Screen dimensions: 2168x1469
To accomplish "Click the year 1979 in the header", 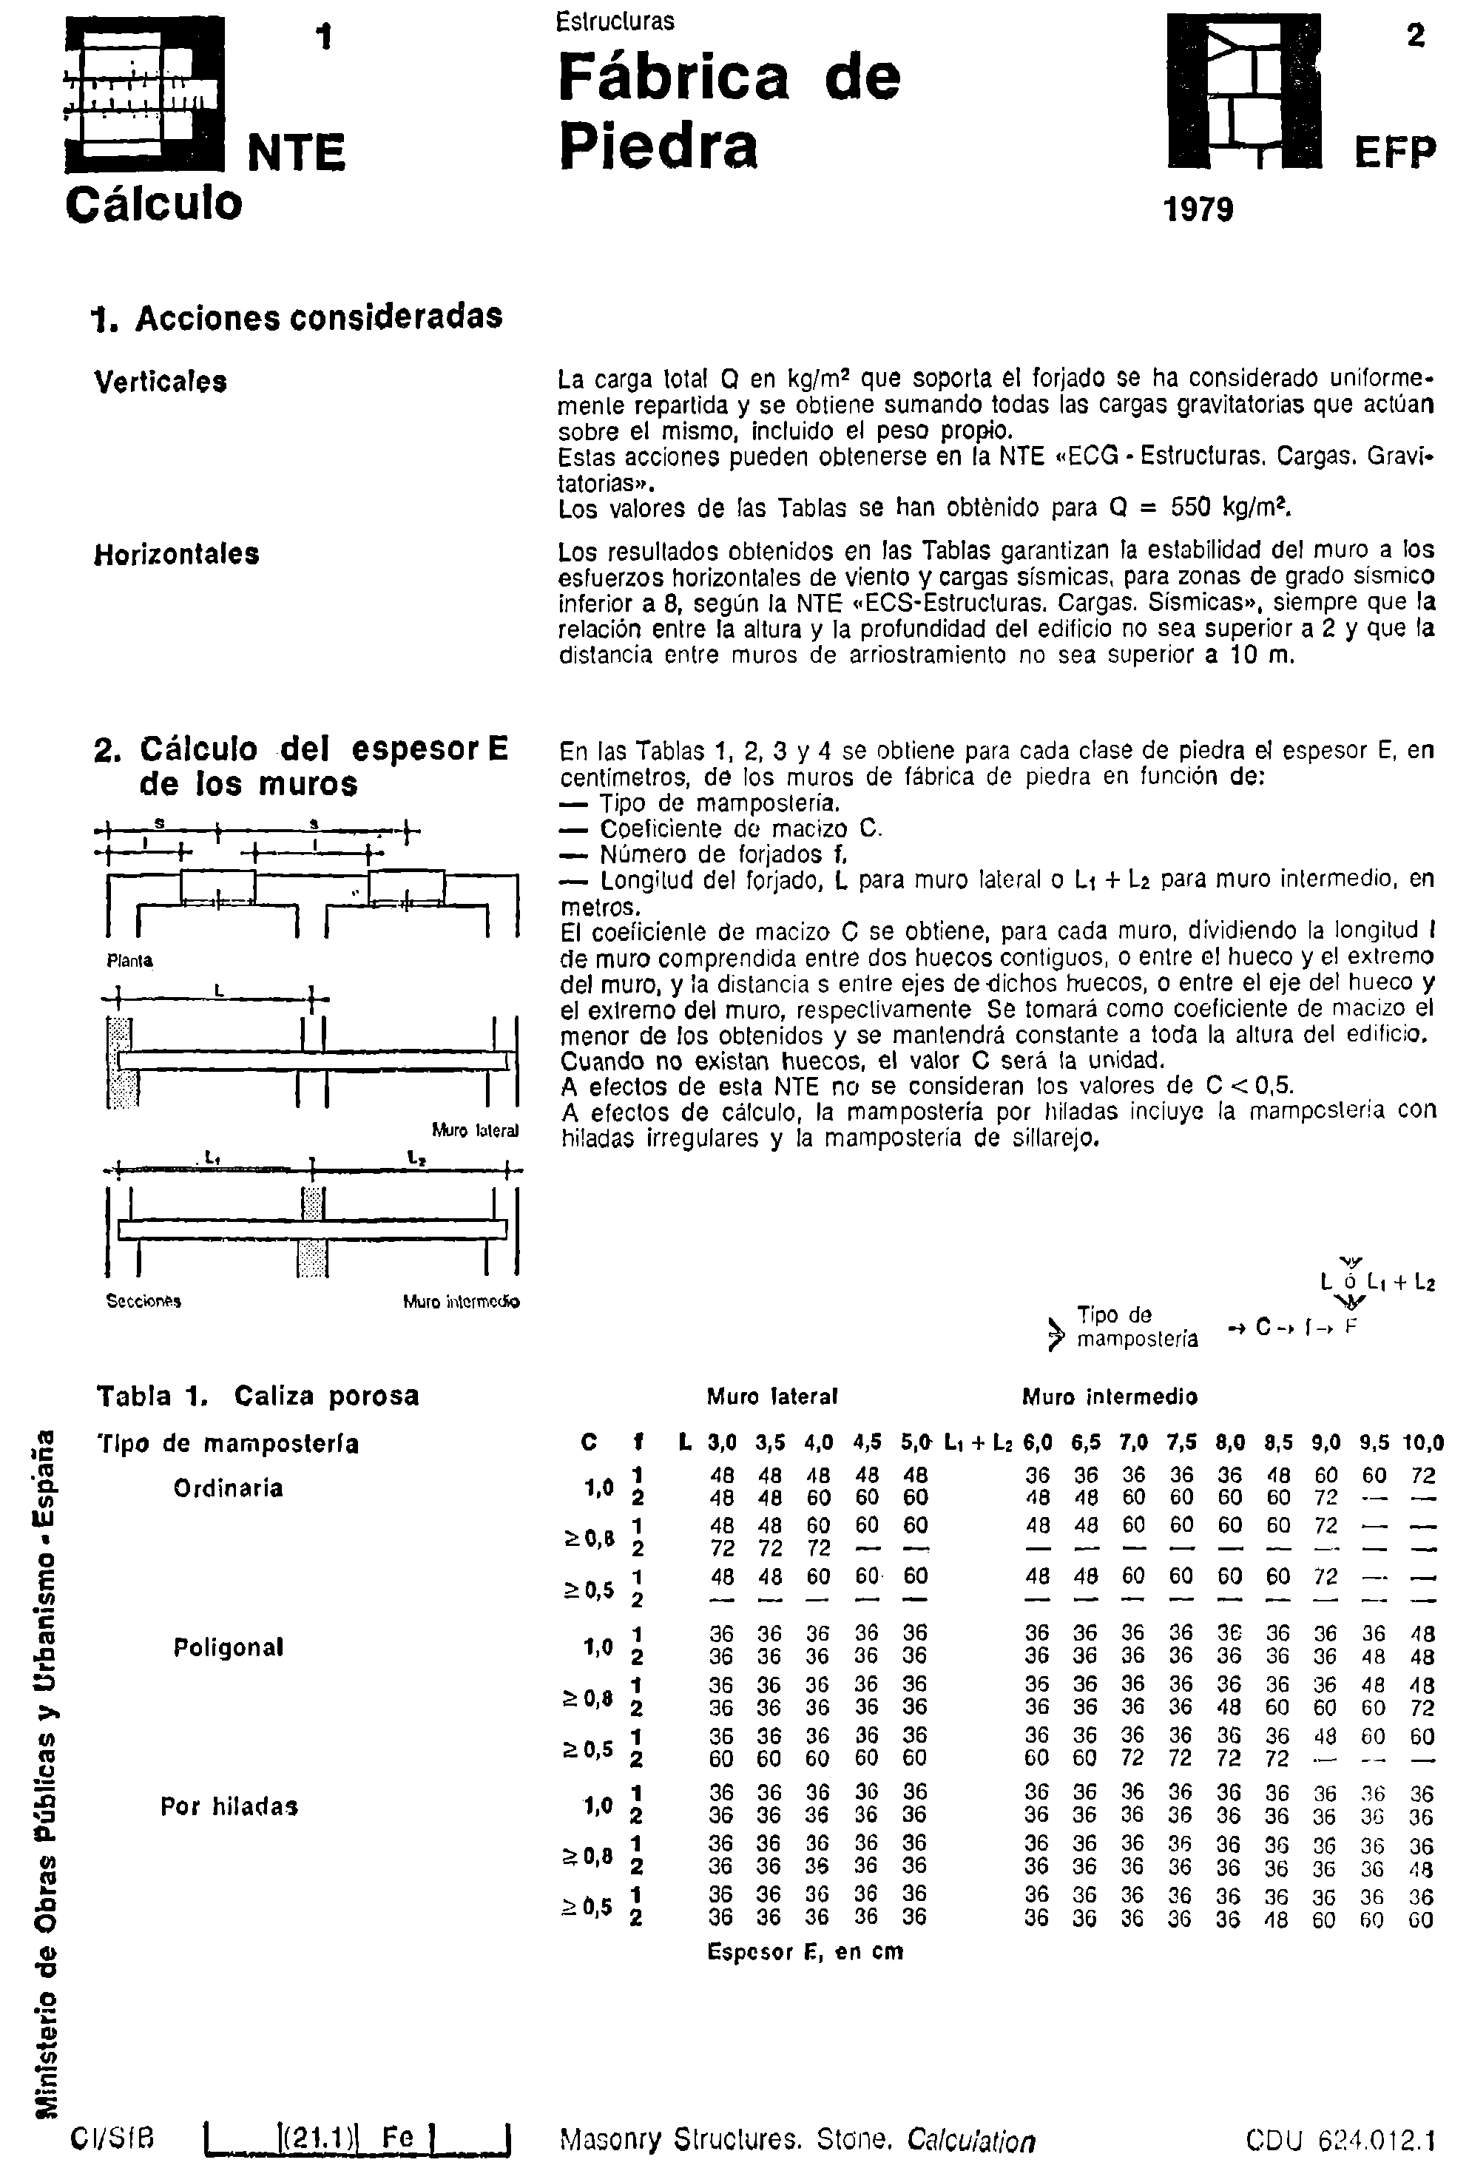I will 1198,209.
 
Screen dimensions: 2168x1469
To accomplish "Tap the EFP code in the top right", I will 1394,152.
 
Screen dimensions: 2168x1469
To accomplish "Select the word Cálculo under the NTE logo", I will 154,203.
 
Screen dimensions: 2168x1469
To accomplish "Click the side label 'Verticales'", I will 161,382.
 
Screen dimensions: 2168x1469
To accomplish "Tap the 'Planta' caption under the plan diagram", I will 129,961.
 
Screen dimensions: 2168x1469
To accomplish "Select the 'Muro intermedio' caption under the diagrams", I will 461,1301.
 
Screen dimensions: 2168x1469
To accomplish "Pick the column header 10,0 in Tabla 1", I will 1423,1443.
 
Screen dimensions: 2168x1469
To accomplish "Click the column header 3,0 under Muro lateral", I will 721,1443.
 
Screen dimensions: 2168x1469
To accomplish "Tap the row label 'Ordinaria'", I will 228,1488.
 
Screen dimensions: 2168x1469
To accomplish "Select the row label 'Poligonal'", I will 228,1647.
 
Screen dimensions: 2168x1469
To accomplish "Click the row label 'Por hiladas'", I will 229,1806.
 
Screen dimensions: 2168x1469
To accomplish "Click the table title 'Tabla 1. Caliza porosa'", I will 257,1397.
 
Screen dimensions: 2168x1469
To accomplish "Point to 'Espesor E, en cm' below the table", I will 805,1951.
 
